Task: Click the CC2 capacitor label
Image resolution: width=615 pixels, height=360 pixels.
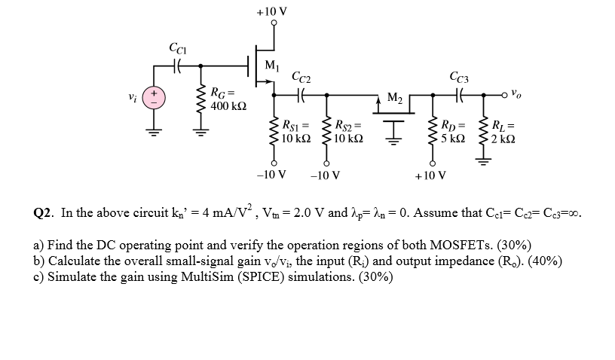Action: (301, 77)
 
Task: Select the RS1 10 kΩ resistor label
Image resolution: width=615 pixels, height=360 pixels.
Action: (295, 132)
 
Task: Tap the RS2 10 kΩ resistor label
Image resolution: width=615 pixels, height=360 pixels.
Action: (349, 132)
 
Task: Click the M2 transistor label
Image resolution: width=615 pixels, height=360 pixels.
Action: (395, 97)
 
